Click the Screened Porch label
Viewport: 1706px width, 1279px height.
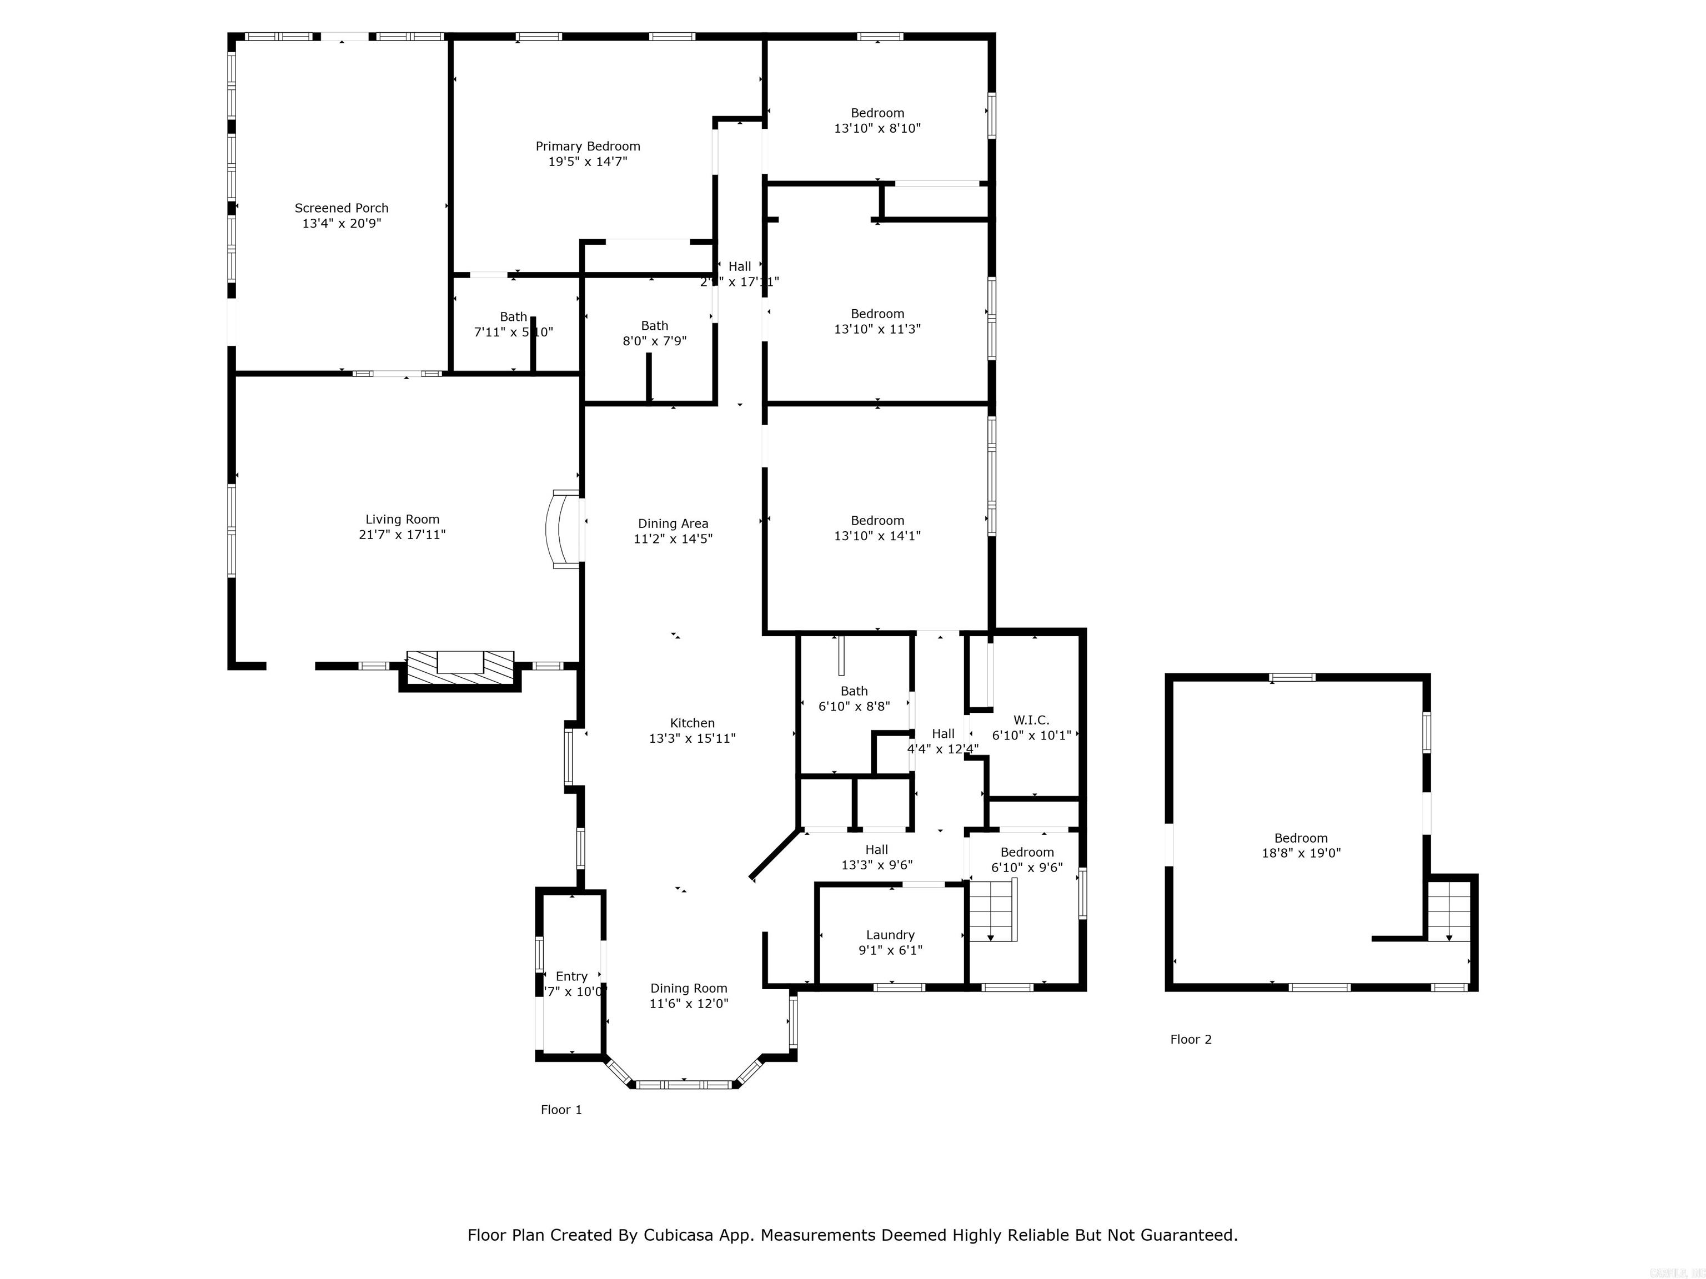click(x=341, y=208)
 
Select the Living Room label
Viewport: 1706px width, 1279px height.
click(x=402, y=520)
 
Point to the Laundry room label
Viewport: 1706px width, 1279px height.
click(x=890, y=935)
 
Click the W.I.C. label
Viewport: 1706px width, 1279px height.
click(x=1031, y=720)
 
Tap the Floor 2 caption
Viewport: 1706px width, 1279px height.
click(x=1190, y=1039)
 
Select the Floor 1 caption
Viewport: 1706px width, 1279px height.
click(x=561, y=1109)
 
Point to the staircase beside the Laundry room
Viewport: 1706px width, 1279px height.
click(x=992, y=912)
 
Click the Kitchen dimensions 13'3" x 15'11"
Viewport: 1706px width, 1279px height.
click(x=692, y=738)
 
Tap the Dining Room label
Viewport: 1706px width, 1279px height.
click(x=688, y=988)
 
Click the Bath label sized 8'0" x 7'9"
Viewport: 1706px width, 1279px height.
click(x=654, y=326)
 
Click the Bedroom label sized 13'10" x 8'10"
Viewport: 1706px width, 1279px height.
click(x=877, y=113)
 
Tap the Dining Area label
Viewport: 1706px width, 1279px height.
click(x=673, y=524)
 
